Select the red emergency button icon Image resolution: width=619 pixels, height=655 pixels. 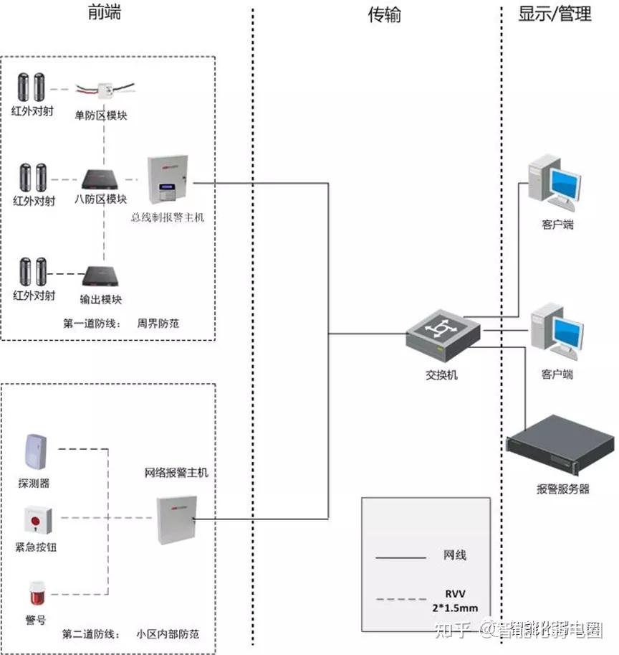click(34, 519)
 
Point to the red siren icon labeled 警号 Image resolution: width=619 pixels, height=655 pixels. click(34, 593)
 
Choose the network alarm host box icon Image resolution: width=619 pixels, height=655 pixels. click(176, 519)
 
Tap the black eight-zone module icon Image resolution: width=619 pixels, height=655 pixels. click(104, 179)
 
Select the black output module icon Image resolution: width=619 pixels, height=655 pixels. click(98, 275)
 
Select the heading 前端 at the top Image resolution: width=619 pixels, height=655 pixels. click(105, 14)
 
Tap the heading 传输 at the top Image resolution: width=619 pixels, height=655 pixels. click(385, 15)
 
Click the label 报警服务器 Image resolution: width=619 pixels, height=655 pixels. click(562, 489)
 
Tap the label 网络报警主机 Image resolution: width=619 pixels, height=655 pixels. click(176, 473)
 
